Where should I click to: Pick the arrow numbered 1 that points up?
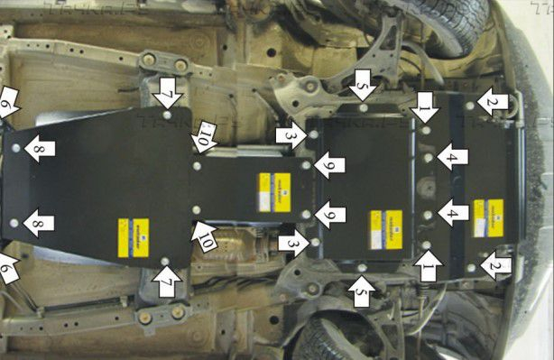click(428, 265)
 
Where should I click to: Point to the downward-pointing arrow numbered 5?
click(363, 85)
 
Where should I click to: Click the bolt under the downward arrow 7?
click(169, 115)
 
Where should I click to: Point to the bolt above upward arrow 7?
click(165, 261)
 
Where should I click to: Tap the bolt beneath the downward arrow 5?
click(363, 107)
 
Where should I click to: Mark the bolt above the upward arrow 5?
click(362, 267)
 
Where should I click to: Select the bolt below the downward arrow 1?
click(426, 130)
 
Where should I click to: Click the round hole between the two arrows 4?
click(429, 186)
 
